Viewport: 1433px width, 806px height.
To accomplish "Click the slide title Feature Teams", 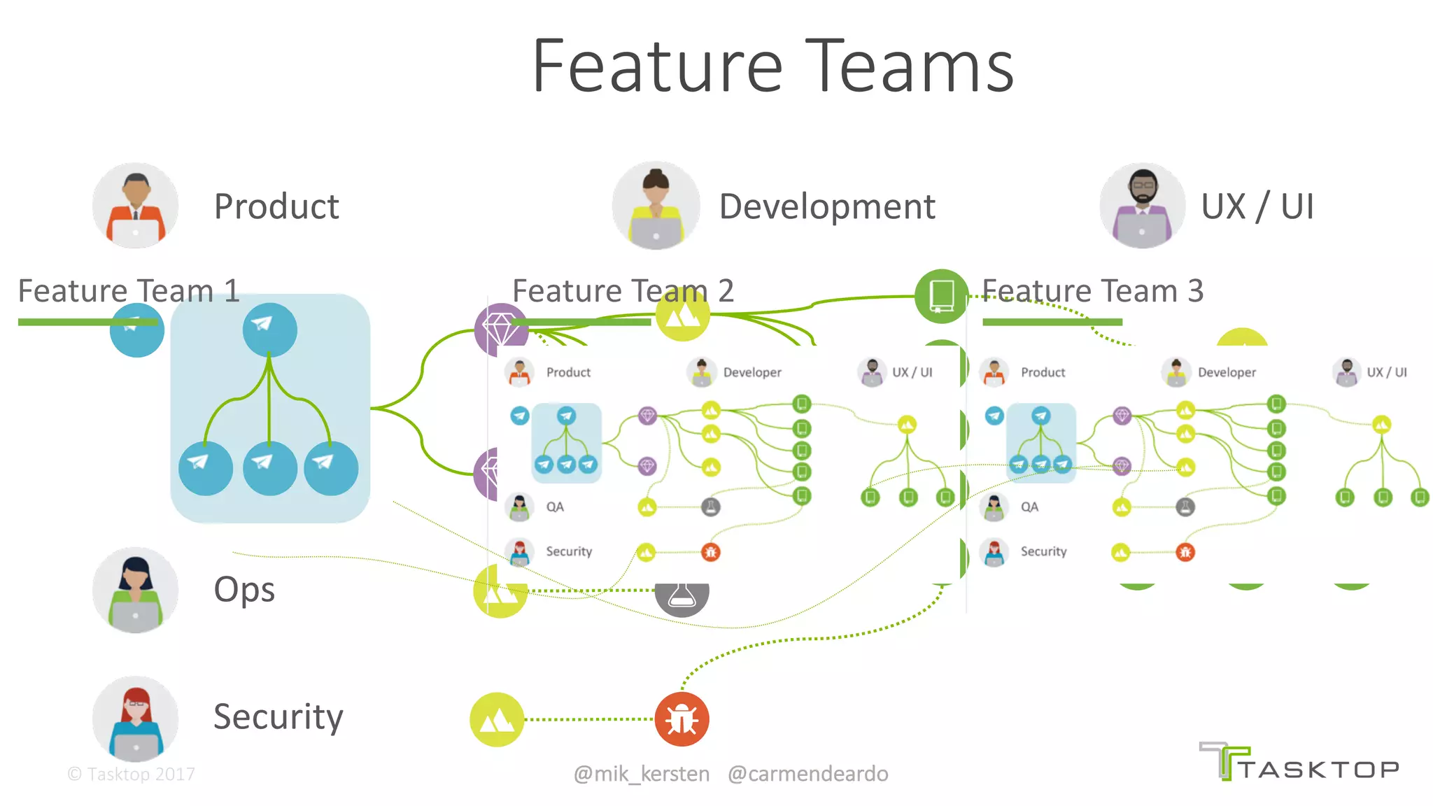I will click(x=772, y=66).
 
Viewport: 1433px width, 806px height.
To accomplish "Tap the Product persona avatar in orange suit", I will click(x=135, y=206).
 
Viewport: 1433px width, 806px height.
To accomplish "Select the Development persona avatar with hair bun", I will click(x=656, y=206).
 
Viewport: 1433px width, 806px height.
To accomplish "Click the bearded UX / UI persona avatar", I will click(x=1142, y=206).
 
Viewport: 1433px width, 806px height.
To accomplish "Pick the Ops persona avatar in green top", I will click(x=135, y=590).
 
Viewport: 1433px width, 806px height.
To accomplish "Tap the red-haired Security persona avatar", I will click(x=135, y=719).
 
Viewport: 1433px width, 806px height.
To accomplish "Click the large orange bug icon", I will click(x=682, y=719).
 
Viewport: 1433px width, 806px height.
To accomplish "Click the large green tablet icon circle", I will click(x=941, y=296).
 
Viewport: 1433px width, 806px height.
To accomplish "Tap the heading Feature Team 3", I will click(x=1092, y=291).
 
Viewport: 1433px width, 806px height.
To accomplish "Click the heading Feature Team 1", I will click(x=129, y=291).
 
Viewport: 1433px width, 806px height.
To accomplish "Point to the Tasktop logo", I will click(x=1299, y=763).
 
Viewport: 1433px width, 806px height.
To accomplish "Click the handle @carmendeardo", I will click(x=807, y=774).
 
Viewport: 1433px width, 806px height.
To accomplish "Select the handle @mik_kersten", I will click(x=641, y=774).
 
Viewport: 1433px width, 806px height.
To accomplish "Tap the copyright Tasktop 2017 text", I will click(x=132, y=774).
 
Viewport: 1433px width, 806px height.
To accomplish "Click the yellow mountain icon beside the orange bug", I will click(x=497, y=719).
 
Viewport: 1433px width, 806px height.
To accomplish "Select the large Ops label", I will click(x=244, y=590).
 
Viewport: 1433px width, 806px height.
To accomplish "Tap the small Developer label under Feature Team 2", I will click(x=752, y=373).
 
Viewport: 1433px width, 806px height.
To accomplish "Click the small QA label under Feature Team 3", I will click(x=1029, y=507).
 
